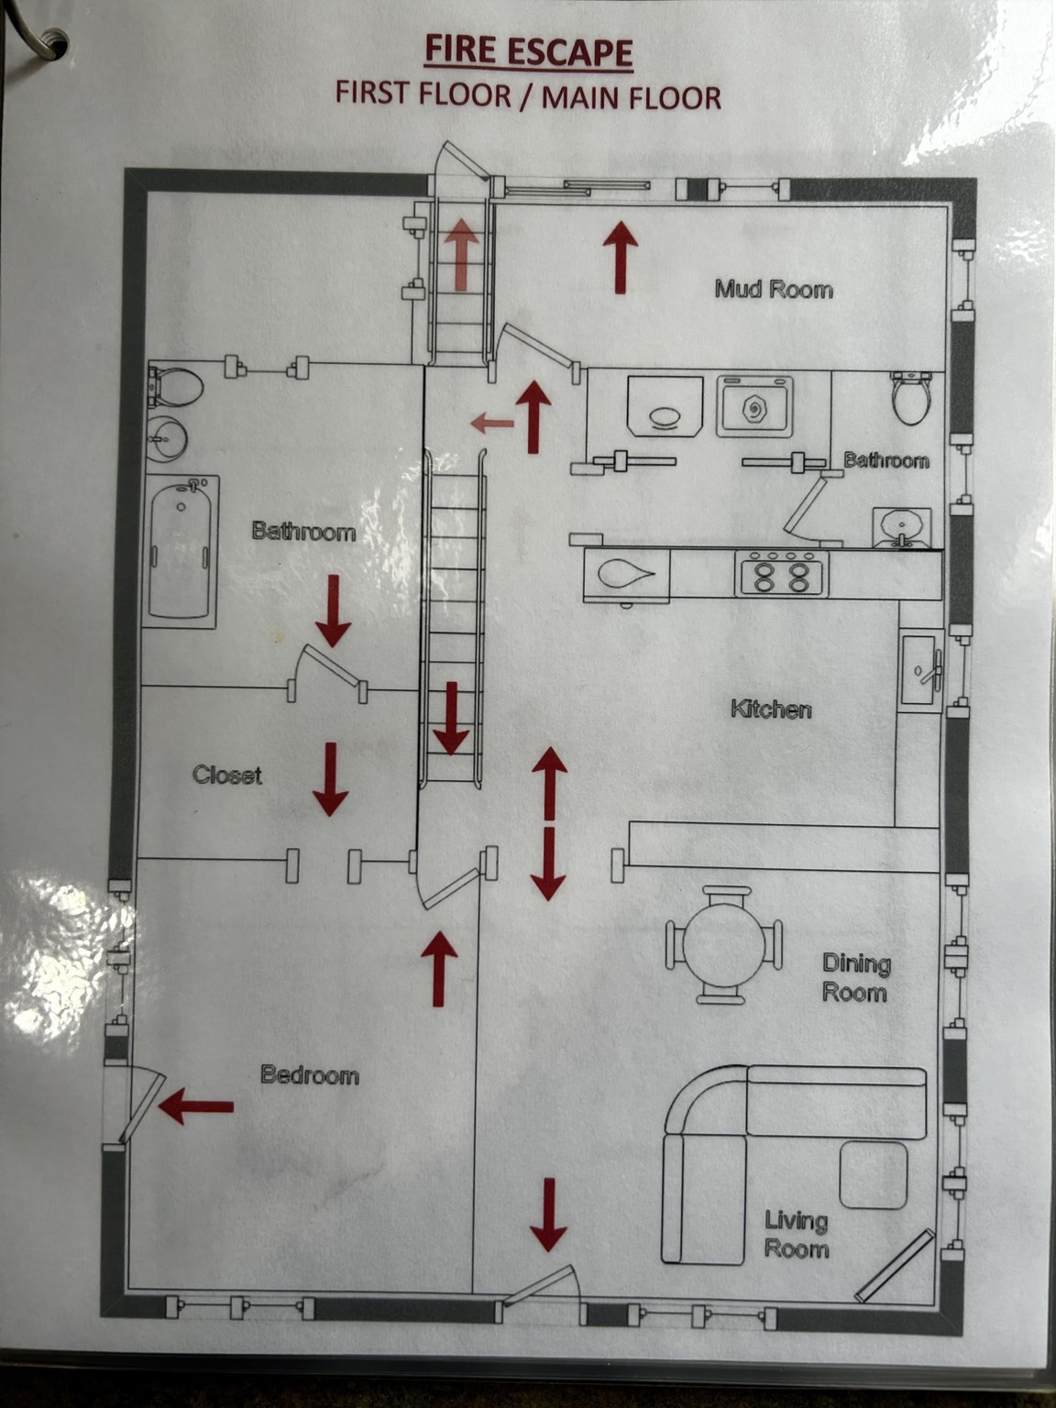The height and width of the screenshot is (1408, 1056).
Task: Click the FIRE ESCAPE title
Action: [529, 50]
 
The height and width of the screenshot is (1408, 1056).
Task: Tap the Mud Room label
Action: [774, 290]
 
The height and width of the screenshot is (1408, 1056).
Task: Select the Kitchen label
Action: [771, 709]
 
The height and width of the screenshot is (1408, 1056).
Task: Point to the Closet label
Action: [227, 775]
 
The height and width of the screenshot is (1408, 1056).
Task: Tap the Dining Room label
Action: [856, 978]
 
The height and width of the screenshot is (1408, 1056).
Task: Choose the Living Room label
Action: [797, 1235]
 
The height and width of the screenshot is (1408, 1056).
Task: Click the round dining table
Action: [724, 944]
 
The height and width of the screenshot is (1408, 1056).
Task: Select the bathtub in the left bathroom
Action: [180, 551]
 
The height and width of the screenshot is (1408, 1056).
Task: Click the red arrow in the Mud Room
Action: [620, 257]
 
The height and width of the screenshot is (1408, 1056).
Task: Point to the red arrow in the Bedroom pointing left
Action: [195, 1105]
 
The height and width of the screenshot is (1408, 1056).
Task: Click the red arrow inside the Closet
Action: [331, 779]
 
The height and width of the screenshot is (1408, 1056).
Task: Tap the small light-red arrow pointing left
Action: [492, 423]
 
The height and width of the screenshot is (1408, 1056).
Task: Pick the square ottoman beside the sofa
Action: [874, 1175]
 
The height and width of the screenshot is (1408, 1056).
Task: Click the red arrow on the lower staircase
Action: [452, 718]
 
